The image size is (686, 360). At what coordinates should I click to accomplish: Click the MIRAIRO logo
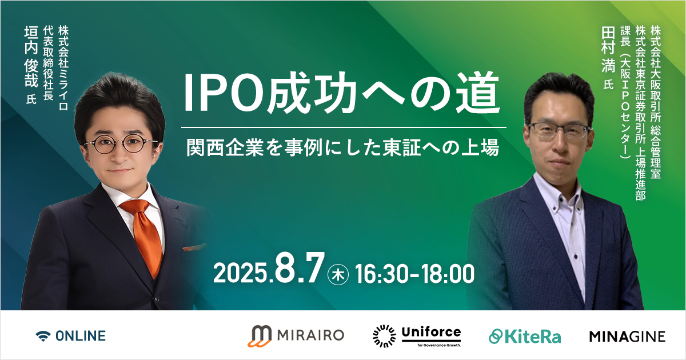point(296,336)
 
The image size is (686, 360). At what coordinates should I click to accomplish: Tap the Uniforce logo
point(417,336)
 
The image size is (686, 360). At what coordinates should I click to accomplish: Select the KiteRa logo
point(525,337)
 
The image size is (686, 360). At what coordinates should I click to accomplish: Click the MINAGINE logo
point(627,337)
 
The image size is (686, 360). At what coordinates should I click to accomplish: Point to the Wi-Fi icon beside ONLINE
point(43,336)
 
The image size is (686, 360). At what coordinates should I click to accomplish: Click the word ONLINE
point(81,336)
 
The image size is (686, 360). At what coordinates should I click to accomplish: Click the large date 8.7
point(300,269)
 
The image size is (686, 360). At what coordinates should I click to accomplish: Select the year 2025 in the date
point(241,273)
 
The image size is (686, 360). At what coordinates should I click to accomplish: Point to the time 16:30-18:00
point(414,274)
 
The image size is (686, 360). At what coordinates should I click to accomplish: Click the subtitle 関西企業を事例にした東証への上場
point(343,147)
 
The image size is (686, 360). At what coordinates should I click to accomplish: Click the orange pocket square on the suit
point(194,247)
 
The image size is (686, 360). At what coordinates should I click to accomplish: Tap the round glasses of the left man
point(121,144)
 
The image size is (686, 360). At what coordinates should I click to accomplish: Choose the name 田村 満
point(608,50)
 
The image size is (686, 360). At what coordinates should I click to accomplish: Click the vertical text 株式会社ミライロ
point(63,68)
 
